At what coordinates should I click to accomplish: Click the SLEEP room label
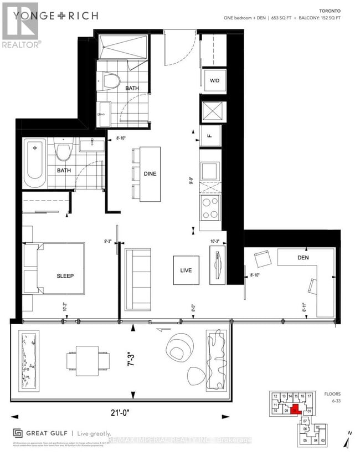point(65,276)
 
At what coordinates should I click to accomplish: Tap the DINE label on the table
point(150,173)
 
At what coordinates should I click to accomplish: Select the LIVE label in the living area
point(186,270)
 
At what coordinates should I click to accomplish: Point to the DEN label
point(302,258)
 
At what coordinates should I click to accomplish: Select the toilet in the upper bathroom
point(113,81)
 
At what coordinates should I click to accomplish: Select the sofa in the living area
point(136,278)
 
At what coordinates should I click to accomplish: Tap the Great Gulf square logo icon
point(17,434)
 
